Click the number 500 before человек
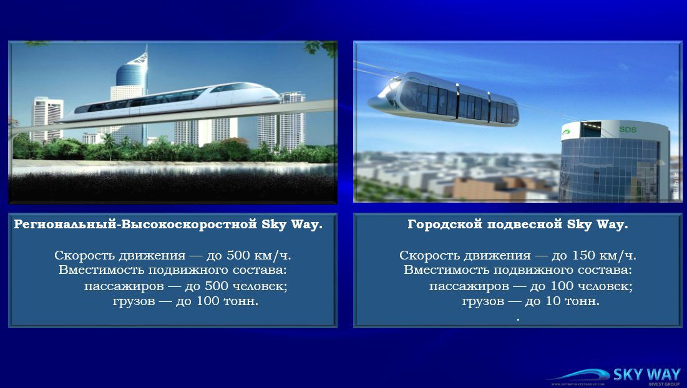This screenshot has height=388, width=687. pos(217,286)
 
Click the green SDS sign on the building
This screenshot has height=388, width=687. pos(628,130)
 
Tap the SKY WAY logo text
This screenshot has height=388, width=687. pos(646,375)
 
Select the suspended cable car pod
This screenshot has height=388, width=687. pos(443,99)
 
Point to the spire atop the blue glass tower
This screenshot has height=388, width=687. pos(143,55)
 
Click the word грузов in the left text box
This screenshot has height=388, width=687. pos(134,301)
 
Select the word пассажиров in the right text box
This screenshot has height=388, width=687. pos(469,286)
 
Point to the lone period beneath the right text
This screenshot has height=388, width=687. pos(518,320)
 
